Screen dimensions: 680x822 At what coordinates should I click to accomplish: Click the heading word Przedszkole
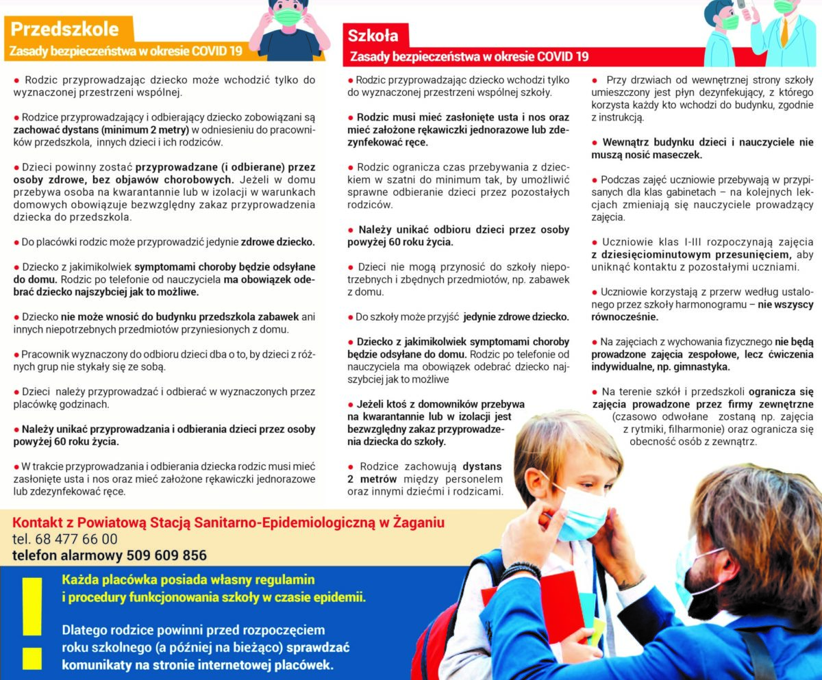pyautogui.click(x=64, y=29)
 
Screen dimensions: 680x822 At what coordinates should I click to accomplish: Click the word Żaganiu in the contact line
pyautogui.click(x=420, y=523)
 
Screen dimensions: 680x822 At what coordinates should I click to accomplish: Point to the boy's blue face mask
pyautogui.click(x=579, y=512)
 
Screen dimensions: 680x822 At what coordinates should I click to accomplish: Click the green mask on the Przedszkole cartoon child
pyautogui.click(x=288, y=17)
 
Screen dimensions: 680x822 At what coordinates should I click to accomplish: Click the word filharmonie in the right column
pyautogui.click(x=686, y=429)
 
